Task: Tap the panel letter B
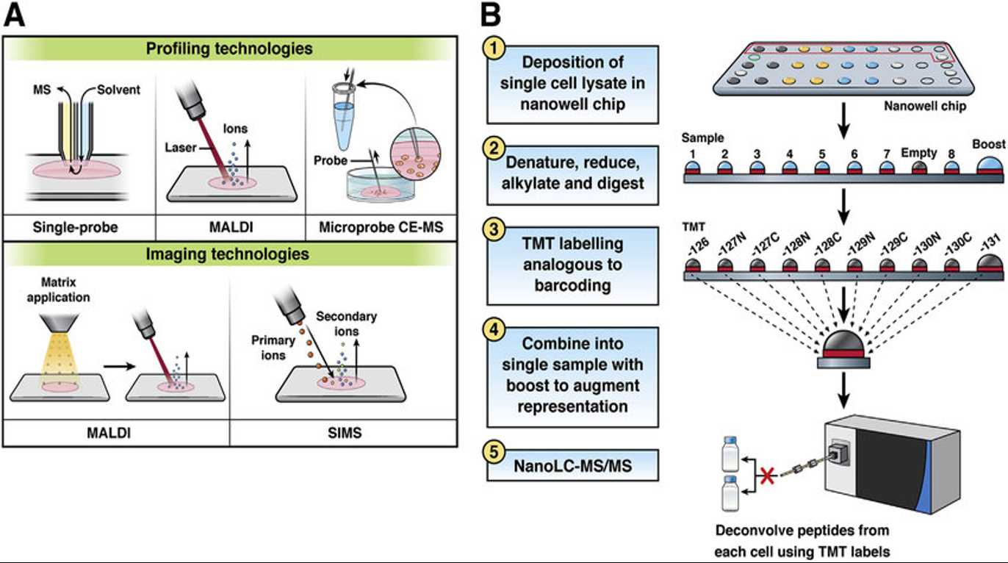tap(490, 15)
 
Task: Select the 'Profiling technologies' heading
tap(229, 49)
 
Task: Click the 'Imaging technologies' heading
tap(229, 254)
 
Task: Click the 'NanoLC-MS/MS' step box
tap(572, 466)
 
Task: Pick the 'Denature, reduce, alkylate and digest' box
tap(572, 174)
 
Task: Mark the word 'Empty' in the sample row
tap(921, 153)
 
